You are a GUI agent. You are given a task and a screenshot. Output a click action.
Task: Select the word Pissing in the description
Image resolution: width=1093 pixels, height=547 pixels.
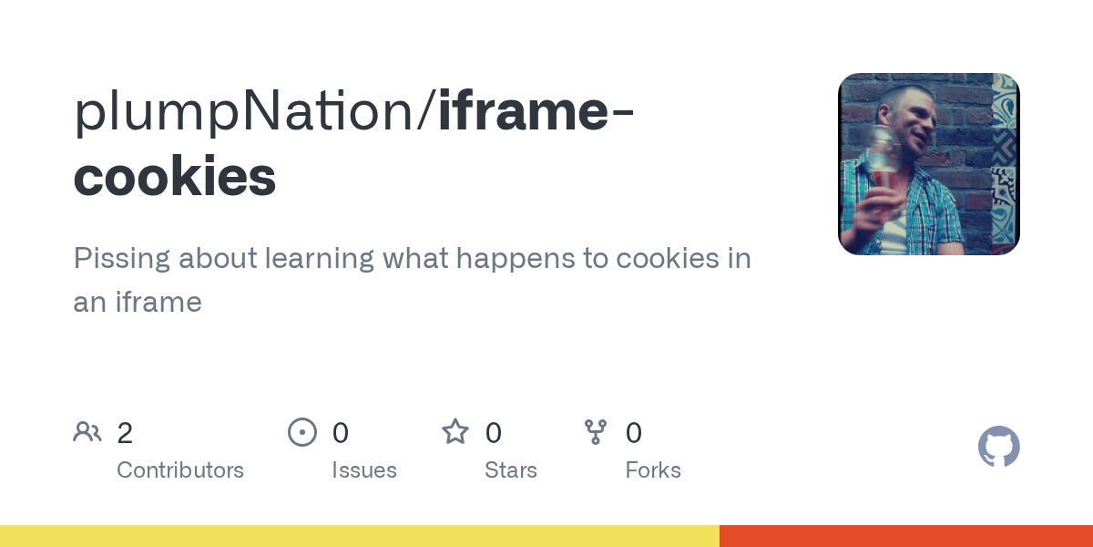pyautogui.click(x=122, y=259)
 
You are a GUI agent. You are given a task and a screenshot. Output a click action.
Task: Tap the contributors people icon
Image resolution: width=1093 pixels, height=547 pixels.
pyautogui.click(x=87, y=431)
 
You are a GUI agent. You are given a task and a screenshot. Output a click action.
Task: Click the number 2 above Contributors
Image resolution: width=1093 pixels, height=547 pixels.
pyautogui.click(x=125, y=433)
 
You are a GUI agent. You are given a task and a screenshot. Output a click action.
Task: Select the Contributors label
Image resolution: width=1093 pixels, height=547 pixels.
pyautogui.click(x=180, y=470)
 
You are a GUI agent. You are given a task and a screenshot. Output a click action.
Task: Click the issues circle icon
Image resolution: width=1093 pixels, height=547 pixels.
pyautogui.click(x=301, y=431)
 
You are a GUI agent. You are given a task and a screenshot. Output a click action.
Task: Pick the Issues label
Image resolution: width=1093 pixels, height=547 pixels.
pyautogui.click(x=364, y=470)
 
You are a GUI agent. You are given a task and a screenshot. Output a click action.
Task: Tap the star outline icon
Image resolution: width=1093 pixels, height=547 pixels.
pyautogui.click(x=455, y=431)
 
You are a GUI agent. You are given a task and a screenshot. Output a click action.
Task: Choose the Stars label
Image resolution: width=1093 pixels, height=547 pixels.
pyautogui.click(x=511, y=470)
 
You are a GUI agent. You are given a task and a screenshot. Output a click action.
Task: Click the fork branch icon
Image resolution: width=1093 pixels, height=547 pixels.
pyautogui.click(x=596, y=431)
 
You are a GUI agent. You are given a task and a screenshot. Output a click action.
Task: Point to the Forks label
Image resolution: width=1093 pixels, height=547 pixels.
pyautogui.click(x=653, y=470)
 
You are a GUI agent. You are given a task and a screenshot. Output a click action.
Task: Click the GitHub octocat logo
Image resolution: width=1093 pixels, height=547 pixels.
pyautogui.click(x=998, y=447)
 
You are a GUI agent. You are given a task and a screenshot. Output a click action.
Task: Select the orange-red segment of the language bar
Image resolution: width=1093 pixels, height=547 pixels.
pyautogui.click(x=906, y=536)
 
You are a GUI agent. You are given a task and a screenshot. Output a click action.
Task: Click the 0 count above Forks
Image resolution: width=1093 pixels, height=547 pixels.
pyautogui.click(x=634, y=433)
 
